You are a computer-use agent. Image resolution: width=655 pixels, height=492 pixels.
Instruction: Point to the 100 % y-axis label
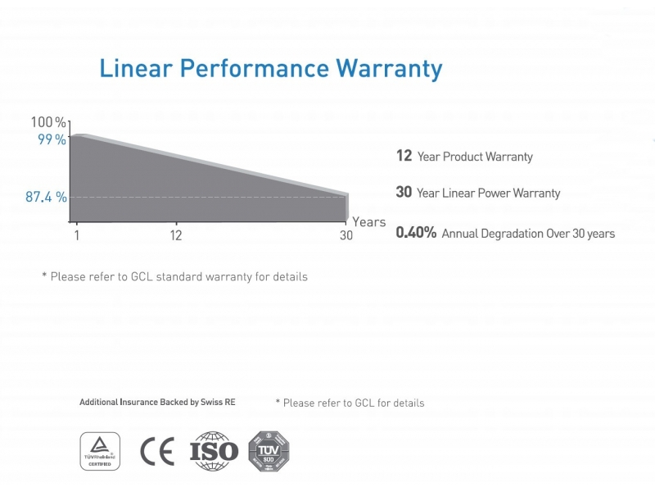(48, 122)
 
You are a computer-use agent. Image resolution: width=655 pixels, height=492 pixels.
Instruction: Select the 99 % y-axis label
(52, 139)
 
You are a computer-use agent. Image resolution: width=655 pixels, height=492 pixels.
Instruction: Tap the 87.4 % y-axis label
(46, 198)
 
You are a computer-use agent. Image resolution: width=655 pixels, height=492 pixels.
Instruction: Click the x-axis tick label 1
(76, 236)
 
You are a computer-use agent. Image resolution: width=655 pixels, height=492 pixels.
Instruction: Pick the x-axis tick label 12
(175, 236)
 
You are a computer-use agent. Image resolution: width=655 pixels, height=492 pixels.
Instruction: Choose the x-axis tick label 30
(346, 236)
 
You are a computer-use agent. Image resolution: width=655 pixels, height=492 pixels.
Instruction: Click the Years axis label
(368, 222)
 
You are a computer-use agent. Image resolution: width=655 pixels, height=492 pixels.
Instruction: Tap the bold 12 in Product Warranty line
(404, 156)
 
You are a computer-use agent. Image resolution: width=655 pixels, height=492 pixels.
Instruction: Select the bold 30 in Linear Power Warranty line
(404, 193)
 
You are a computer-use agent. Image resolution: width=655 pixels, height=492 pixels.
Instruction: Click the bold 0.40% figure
(416, 233)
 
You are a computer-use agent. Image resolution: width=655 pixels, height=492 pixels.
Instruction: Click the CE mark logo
(157, 452)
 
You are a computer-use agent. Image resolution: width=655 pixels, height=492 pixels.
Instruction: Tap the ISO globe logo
(214, 451)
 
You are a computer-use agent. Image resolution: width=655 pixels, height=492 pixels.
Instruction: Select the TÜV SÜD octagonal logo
(269, 451)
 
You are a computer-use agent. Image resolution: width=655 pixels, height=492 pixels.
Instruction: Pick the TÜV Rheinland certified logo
(100, 451)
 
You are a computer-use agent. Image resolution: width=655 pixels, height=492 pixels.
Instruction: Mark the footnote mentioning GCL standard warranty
(174, 277)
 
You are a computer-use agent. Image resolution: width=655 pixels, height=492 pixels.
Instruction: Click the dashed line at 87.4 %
(205, 198)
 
